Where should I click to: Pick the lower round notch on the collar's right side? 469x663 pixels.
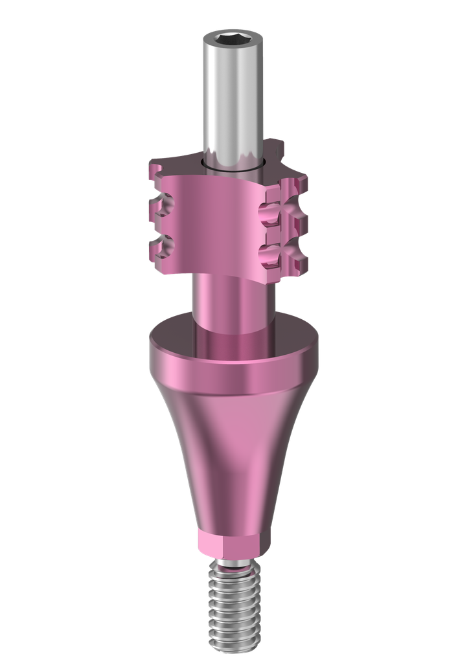point(269,250)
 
